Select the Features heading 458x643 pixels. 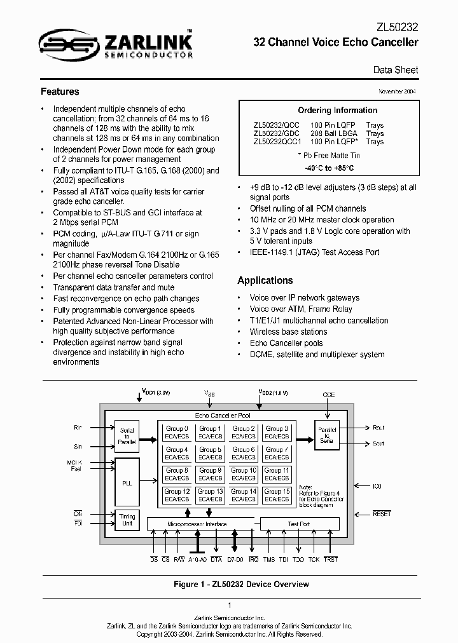tap(60, 91)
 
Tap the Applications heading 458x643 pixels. tap(265, 280)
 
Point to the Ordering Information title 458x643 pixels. tap(328, 110)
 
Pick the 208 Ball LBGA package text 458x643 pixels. tap(333, 133)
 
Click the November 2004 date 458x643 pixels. tap(398, 91)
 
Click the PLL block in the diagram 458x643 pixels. tap(127, 483)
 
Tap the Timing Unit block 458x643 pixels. tap(127, 520)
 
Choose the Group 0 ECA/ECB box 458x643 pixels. tap(177, 433)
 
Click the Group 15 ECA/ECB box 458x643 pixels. tap(277, 495)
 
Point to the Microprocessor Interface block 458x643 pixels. tap(197, 524)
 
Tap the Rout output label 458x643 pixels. tap(378, 428)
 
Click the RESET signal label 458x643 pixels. tap(382, 513)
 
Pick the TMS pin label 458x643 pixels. tap(268, 559)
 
